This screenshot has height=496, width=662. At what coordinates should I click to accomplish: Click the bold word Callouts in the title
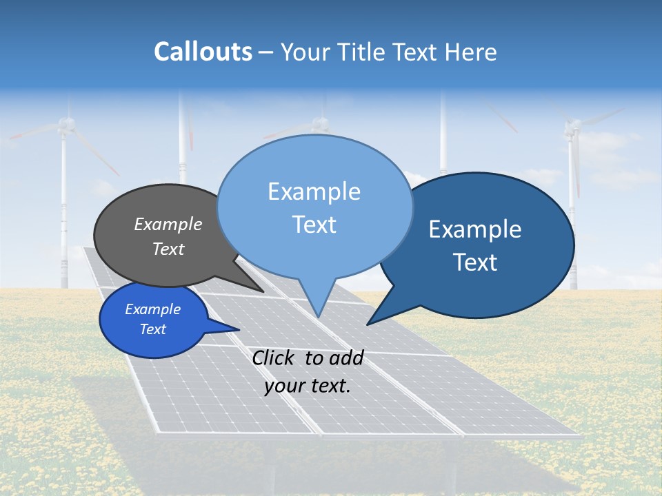click(x=203, y=52)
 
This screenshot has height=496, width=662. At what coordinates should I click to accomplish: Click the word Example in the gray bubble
click(x=168, y=224)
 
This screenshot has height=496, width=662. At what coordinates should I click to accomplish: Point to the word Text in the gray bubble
click(x=168, y=249)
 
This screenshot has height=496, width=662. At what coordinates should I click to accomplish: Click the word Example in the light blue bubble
click(x=314, y=192)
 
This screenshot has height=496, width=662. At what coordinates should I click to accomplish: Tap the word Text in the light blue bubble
click(x=314, y=225)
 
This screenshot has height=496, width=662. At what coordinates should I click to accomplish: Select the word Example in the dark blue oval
click(x=475, y=229)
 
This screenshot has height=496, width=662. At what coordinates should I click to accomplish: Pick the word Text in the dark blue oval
click(x=475, y=262)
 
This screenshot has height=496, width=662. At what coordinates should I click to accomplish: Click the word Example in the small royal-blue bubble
click(x=152, y=309)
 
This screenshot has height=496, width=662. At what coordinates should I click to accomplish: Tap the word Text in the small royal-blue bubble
click(x=152, y=329)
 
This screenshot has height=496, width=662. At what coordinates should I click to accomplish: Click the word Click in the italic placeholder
click(x=275, y=358)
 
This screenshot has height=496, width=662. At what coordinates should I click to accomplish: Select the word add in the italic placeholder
click(x=345, y=358)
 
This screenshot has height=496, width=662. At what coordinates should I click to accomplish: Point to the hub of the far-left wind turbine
click(x=66, y=125)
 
